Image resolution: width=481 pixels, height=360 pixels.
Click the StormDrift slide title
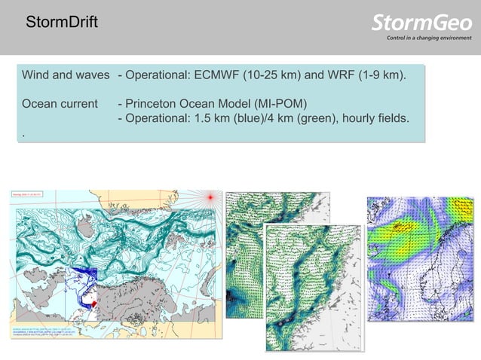tap(60, 23)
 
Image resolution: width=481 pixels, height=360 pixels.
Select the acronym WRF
tap(330, 76)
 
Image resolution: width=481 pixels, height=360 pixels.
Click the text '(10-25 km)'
tap(276, 76)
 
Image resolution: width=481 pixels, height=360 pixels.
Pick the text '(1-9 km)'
tap(376, 76)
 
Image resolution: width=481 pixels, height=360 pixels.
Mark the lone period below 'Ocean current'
tap(23, 133)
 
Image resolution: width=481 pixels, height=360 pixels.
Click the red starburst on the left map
tap(212, 197)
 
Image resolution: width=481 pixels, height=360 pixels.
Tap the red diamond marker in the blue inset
tap(93, 304)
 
